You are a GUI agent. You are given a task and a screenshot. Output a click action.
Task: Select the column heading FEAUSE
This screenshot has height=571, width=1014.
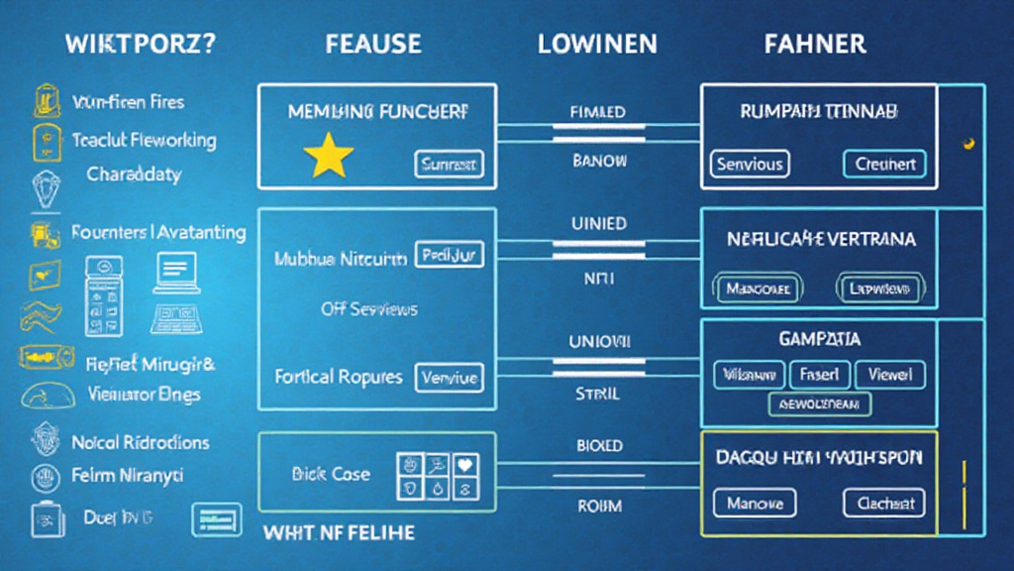[x=372, y=44]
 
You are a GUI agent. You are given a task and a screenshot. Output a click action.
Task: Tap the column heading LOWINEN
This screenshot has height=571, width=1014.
[x=598, y=44]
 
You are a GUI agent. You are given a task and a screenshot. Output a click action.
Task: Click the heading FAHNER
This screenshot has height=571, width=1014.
[x=815, y=44]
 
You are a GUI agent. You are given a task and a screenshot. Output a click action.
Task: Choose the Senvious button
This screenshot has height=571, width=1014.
[x=750, y=164]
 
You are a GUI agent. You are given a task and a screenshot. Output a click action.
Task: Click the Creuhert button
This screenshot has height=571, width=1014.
[x=884, y=164]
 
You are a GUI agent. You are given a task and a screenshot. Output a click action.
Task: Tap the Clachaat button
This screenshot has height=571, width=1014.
[x=884, y=503]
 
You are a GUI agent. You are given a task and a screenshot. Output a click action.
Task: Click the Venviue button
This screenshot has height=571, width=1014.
[x=449, y=377]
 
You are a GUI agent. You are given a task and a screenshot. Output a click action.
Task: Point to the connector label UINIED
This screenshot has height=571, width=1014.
[x=598, y=224]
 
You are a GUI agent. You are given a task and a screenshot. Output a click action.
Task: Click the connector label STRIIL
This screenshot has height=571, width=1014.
[x=597, y=394]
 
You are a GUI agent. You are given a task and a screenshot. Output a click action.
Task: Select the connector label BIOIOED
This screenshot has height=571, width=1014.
[x=598, y=446]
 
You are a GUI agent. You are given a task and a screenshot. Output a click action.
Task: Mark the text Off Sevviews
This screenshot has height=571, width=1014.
[x=369, y=309]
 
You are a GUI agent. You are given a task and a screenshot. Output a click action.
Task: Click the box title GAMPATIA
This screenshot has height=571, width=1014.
[x=819, y=339]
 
